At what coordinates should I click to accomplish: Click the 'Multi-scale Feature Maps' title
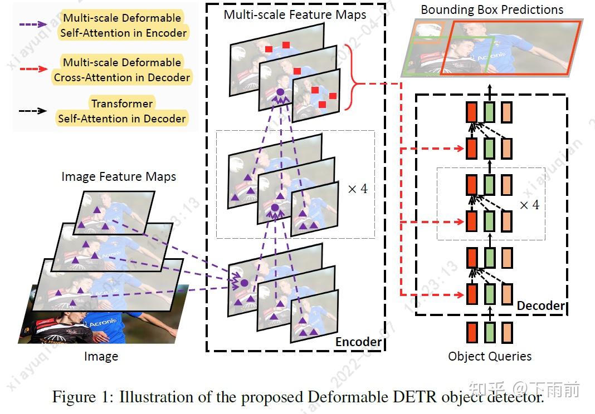[295, 14]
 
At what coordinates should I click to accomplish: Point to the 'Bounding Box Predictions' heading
[491, 9]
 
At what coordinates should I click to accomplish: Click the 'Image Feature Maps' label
[119, 177]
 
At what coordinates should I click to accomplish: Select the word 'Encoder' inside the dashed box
[358, 342]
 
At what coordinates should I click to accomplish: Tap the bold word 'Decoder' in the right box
[540, 305]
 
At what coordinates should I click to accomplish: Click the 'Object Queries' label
[490, 356]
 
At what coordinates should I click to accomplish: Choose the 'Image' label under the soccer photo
[101, 356]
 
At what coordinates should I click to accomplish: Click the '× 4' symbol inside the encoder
[358, 189]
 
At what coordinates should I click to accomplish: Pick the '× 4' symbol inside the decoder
[529, 205]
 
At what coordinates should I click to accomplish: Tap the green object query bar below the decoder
[490, 332]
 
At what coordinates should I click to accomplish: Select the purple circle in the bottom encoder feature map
[244, 283]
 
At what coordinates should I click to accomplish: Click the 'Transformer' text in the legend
[121, 103]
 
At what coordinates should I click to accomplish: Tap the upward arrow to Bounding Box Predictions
[490, 91]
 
